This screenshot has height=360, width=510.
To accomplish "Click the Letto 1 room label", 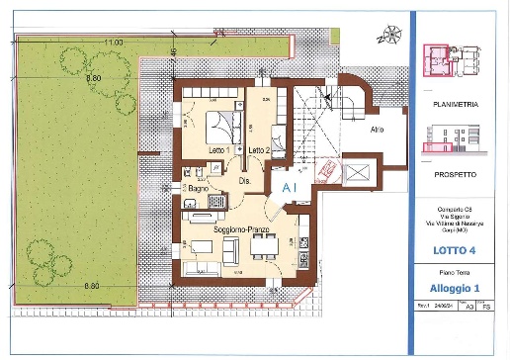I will point(215,149).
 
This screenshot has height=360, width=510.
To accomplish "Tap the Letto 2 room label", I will point(259,149).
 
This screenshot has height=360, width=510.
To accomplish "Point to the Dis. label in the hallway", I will point(244,181).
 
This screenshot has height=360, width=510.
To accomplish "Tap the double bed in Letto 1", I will point(220,127).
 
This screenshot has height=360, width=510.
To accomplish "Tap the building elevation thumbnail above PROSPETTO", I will point(450,138).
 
